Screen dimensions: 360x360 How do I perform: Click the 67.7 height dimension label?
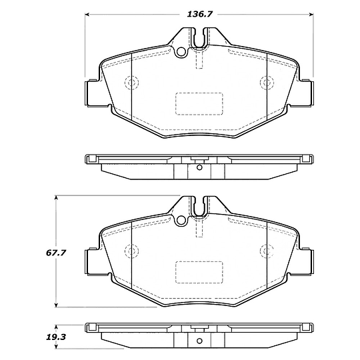pos(56,253)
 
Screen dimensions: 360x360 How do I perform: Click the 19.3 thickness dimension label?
pos(56,337)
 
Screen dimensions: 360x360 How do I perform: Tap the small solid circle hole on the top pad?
pos(181,51)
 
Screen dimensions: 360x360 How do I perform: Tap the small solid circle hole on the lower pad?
pos(181,220)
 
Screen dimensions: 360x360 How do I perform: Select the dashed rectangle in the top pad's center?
pos(199,104)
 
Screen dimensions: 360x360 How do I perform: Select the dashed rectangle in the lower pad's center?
pos(199,272)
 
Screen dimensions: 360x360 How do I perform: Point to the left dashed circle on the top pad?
pos(131,82)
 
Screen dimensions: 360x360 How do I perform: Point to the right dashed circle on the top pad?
pos(267,82)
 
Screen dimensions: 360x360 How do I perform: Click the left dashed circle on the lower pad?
pos(131,251)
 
